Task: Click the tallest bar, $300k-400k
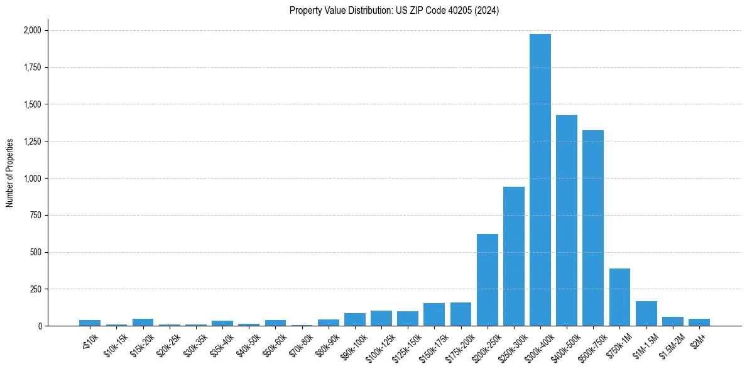[x=540, y=180]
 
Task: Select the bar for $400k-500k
[x=566, y=220]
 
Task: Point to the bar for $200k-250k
[x=487, y=280]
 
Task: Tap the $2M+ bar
[x=699, y=322]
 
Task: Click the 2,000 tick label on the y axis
[x=33, y=30]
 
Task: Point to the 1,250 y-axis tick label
[x=33, y=141]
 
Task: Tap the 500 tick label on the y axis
[x=36, y=252]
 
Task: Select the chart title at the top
[x=394, y=11]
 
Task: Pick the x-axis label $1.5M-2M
[x=672, y=343]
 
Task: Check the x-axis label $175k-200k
[x=458, y=345]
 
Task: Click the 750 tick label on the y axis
[x=36, y=215]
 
